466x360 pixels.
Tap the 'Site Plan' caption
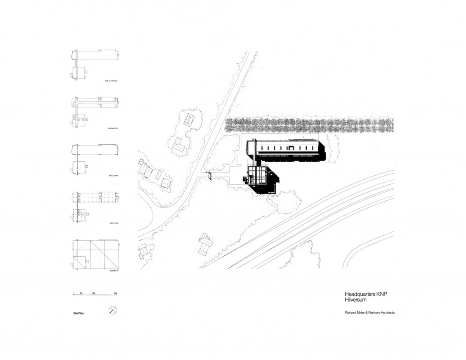click(x=79, y=313)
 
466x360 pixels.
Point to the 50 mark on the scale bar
click(x=116, y=293)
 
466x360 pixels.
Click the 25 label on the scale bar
click(x=93, y=293)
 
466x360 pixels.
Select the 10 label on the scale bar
click(x=81, y=293)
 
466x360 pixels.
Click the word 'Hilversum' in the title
click(x=355, y=300)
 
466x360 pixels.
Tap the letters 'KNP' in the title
click(x=380, y=294)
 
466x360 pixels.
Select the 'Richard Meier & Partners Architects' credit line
click(x=370, y=313)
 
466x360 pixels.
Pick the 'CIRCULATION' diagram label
click(x=113, y=128)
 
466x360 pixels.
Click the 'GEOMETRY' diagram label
click(x=114, y=270)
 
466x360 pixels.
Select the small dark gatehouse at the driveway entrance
click(x=210, y=175)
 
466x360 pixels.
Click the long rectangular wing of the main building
click(x=287, y=149)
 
